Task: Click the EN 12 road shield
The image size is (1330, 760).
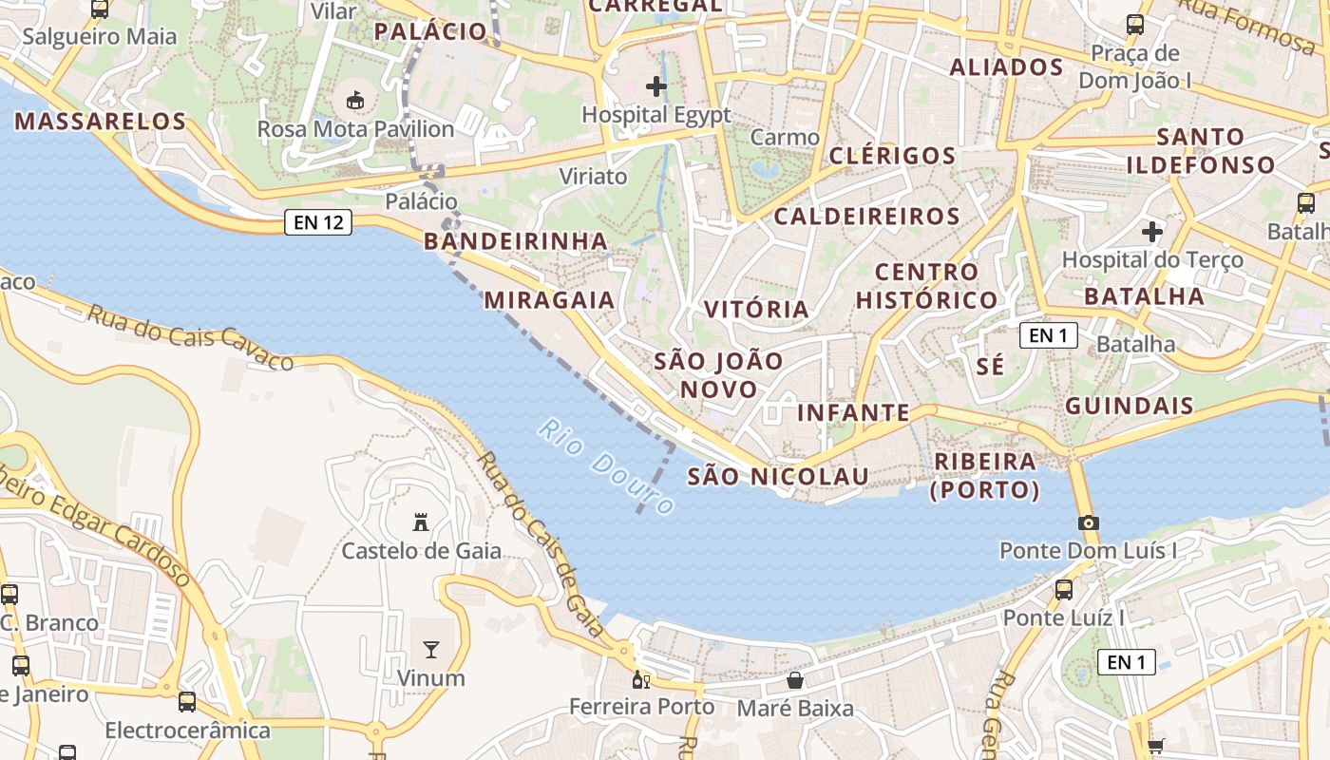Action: point(318,223)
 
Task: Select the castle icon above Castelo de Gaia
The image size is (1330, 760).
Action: point(421,522)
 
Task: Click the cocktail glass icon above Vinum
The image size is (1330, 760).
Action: point(431,650)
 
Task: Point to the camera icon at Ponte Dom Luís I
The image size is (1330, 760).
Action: point(1089,522)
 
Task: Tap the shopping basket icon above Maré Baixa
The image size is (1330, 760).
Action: point(795,680)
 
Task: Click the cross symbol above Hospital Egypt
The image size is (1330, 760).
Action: point(656,86)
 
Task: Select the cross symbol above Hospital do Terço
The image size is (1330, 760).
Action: point(1152,231)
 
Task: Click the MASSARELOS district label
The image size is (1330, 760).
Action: point(101,122)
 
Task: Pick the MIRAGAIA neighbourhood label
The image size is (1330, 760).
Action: point(550,300)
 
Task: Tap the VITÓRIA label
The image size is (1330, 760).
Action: point(756,309)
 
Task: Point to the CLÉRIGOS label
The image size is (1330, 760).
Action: point(892,156)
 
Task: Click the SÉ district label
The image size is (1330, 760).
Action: point(990,367)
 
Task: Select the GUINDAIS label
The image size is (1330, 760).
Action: point(1130,407)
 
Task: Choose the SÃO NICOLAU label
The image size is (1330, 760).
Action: point(778,476)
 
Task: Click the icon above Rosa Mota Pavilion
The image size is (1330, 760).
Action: point(355,100)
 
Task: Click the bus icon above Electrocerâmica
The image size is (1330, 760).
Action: point(187,702)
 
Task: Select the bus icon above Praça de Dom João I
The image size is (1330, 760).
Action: point(1135,25)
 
